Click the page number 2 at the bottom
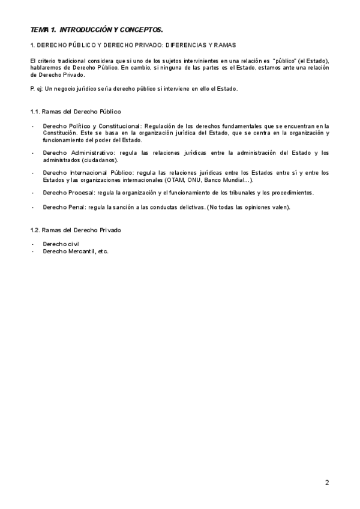coord(327,482)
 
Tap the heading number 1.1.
coord(35,112)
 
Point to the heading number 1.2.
coord(35,230)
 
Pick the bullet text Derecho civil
coord(61,244)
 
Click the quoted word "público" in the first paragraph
coord(284,62)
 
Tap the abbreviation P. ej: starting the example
coord(37,89)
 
